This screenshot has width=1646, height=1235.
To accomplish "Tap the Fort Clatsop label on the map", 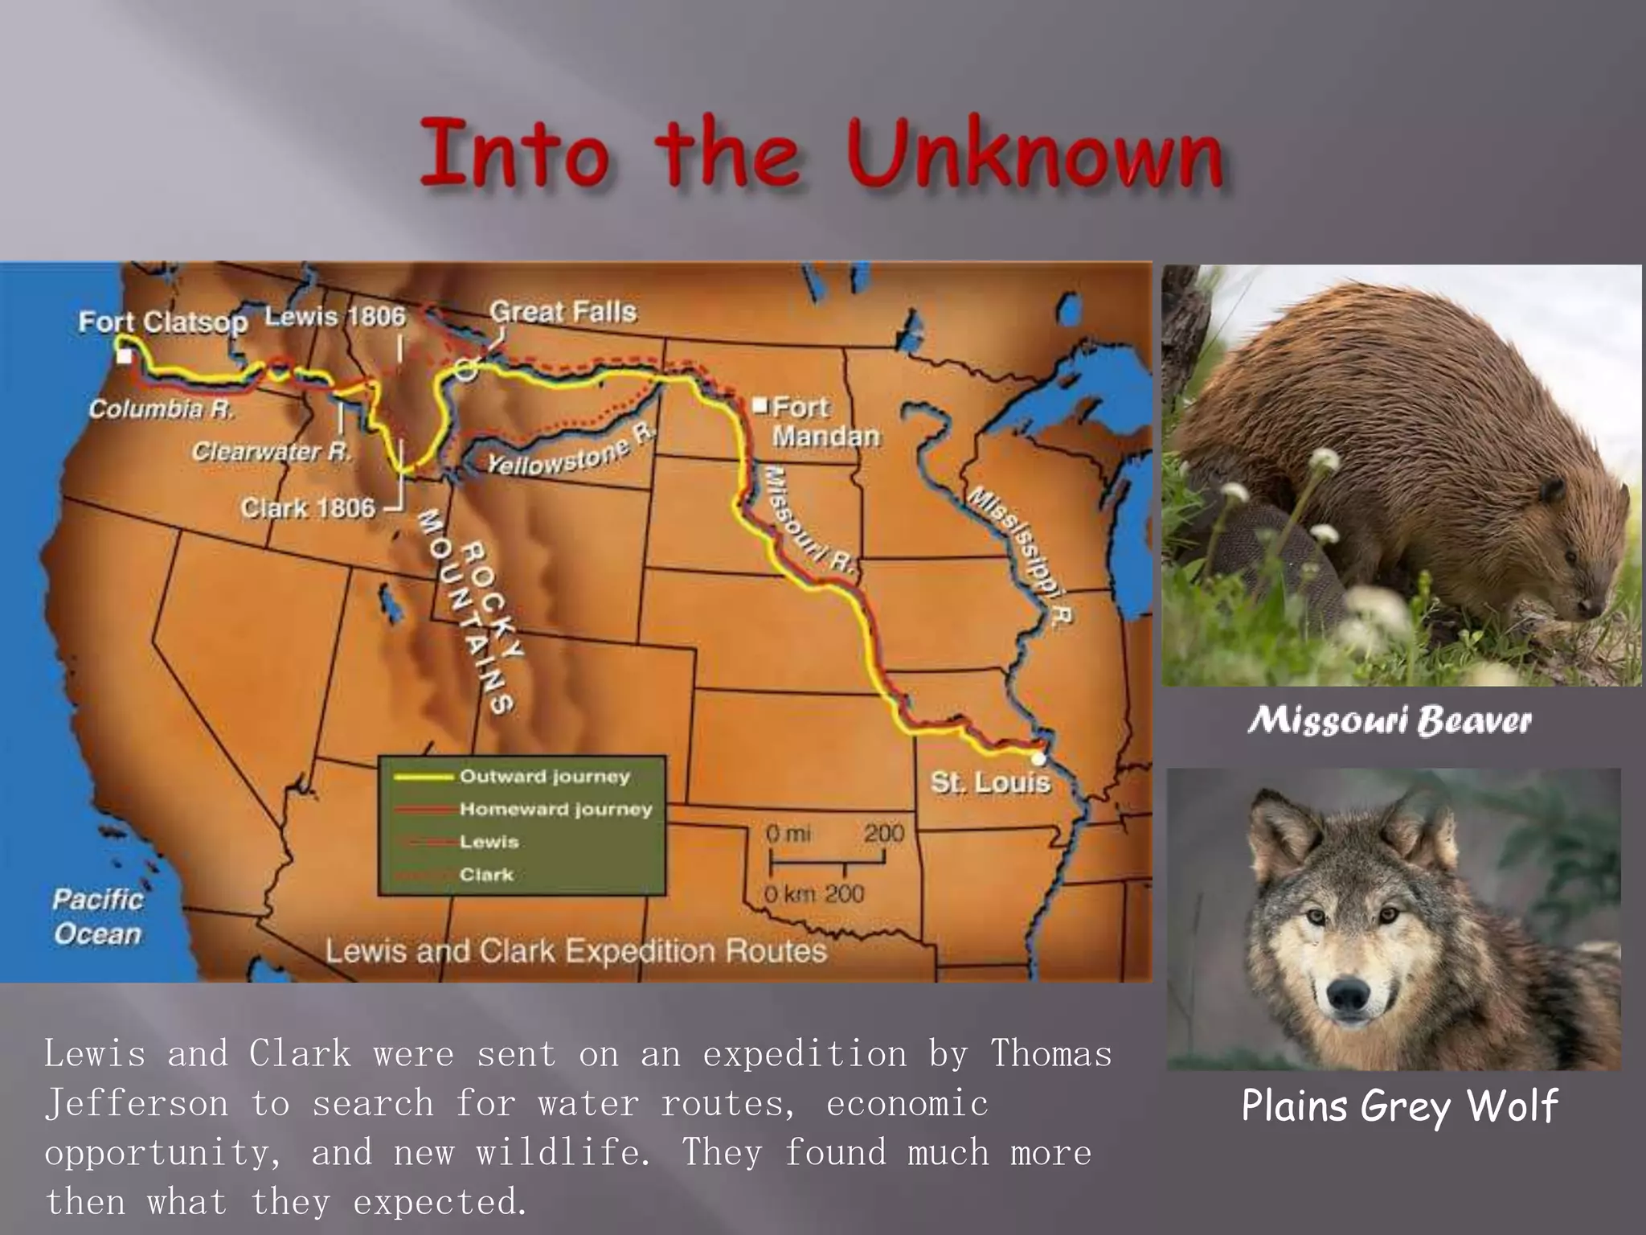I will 162,322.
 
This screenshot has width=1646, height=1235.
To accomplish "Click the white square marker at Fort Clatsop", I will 124,355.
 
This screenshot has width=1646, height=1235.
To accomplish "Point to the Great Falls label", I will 563,312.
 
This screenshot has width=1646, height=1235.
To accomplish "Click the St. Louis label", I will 990,782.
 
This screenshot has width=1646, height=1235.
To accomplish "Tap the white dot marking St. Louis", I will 1038,757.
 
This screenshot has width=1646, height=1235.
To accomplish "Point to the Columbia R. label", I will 161,409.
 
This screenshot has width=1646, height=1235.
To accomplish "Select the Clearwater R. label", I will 271,452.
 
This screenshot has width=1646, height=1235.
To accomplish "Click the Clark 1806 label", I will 308,508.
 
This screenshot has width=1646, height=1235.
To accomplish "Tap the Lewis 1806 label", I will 335,316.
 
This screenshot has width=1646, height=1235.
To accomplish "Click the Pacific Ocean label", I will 97,917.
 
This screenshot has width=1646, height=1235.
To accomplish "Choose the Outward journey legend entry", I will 544,777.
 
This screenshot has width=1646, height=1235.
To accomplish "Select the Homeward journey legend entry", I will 555,809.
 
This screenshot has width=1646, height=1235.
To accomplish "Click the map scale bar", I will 827,864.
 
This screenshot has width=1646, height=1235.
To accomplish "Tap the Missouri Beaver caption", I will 1390,720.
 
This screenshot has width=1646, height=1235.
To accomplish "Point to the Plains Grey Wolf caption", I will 1399,1106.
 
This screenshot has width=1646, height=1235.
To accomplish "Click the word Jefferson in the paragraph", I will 136,1103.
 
